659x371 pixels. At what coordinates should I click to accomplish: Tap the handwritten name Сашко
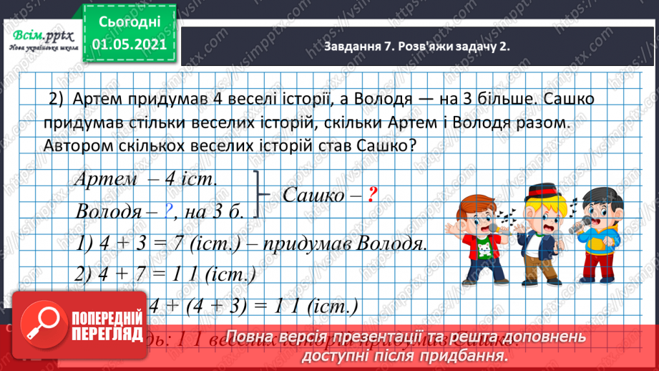[x=313, y=194]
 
